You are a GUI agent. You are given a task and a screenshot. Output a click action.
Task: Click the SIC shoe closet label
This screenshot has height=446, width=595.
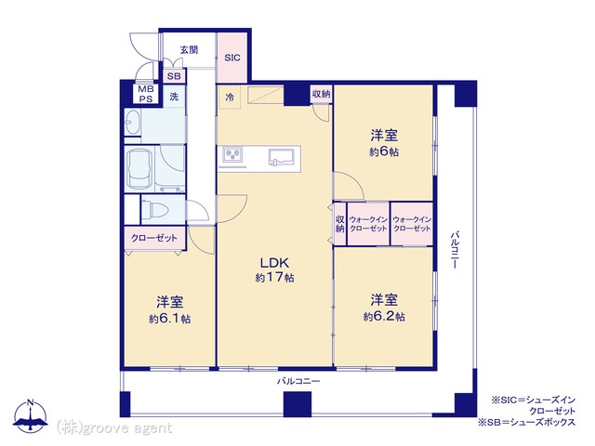(x=232, y=58)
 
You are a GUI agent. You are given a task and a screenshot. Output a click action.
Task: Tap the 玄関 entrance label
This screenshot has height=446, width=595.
(x=189, y=49)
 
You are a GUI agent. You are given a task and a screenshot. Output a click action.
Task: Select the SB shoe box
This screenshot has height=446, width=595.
(x=174, y=76)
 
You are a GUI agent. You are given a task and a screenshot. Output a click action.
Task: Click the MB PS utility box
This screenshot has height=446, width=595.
(x=146, y=94)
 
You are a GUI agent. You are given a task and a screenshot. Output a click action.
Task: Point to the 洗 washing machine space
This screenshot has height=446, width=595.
(x=174, y=97)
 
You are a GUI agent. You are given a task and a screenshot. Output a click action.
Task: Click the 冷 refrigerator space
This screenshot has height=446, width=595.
(x=230, y=98)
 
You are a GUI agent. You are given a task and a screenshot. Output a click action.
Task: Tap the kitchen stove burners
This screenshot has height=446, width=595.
(x=232, y=154)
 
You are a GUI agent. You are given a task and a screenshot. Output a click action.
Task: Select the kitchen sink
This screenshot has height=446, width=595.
(x=283, y=157)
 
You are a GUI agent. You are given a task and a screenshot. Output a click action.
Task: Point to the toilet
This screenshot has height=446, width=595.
(x=157, y=209)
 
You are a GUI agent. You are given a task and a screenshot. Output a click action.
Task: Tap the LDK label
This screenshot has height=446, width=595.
(x=274, y=262)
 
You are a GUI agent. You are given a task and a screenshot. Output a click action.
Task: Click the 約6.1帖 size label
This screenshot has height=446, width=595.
(x=169, y=319)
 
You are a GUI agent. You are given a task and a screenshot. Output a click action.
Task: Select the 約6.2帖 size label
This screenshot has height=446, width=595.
(x=384, y=316)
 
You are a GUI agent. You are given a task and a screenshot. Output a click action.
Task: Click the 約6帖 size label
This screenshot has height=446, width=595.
(x=384, y=152)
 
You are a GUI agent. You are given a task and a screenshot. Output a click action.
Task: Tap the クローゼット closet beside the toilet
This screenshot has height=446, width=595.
(x=154, y=238)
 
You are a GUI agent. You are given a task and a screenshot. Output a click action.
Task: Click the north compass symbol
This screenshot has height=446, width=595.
(x=31, y=416)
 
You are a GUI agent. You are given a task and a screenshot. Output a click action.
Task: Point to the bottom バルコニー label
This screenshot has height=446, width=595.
(x=297, y=381)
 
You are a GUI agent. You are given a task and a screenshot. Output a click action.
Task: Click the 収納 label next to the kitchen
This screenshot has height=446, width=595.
(x=321, y=94)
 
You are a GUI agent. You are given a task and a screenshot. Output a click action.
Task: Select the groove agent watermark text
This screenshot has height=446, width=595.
(x=114, y=428)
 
